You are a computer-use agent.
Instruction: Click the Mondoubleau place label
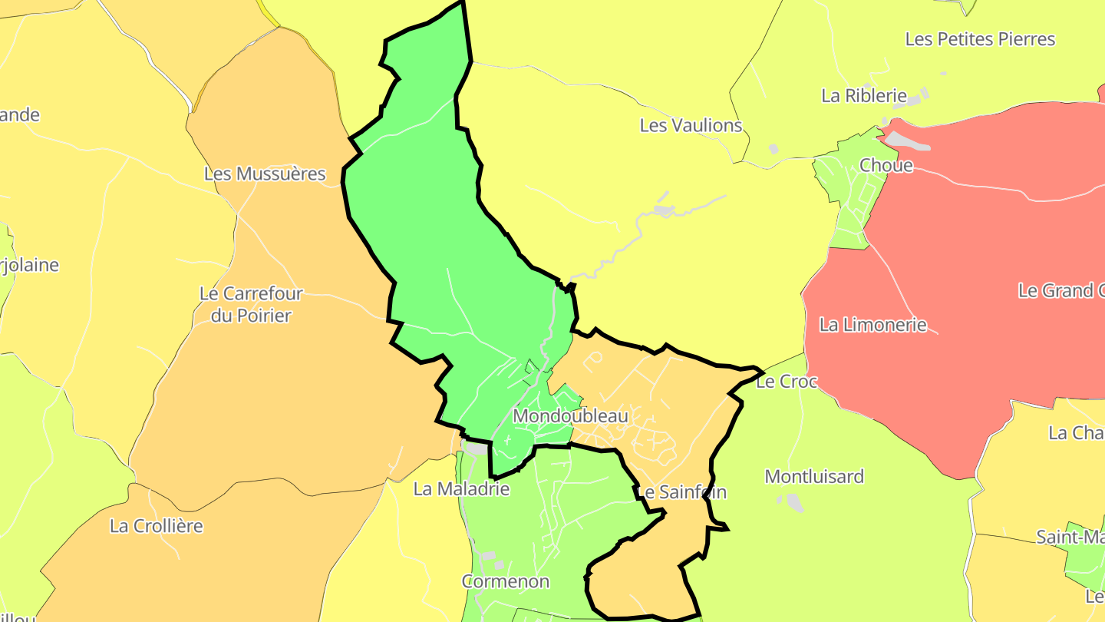point(570,416)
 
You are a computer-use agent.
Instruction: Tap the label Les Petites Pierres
point(980,39)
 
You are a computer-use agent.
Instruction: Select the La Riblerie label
point(864,96)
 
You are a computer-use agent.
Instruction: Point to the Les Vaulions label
point(691,125)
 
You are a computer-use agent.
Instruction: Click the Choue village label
point(886,165)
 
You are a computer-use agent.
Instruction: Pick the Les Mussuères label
point(265,174)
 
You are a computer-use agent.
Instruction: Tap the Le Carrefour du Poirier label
point(251,304)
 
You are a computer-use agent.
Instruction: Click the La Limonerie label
point(872,325)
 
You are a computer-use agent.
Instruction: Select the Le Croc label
point(787,381)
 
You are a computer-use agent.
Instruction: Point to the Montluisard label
point(814,477)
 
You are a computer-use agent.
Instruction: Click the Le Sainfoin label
point(681,492)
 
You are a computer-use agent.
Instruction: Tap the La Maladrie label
point(461,488)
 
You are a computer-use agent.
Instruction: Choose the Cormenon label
point(505,581)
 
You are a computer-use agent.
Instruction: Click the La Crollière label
point(157,526)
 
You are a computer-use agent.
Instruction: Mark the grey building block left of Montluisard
point(792,502)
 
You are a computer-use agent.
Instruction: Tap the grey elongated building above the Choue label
point(905,141)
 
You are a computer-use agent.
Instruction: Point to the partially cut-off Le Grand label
point(1063,291)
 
